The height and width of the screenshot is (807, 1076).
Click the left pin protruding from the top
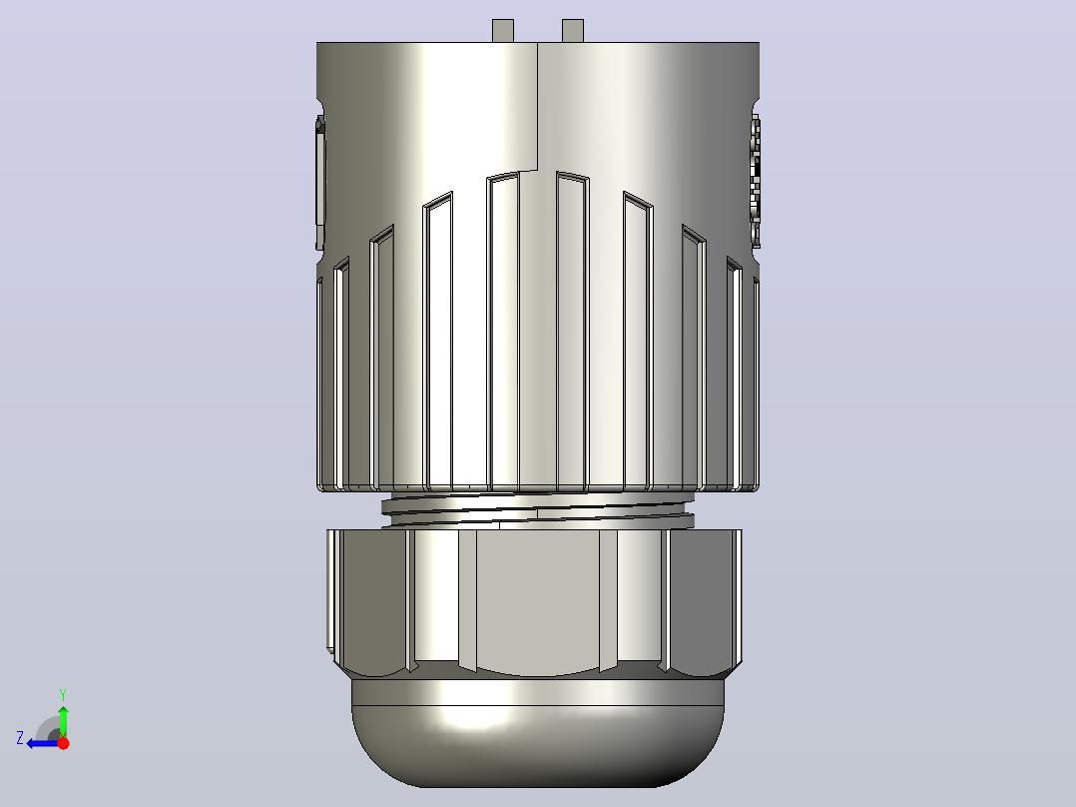[x=503, y=31]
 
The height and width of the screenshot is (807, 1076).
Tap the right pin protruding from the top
[x=572, y=31]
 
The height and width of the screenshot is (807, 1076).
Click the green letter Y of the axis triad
[x=63, y=694]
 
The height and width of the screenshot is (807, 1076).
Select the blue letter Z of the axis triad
[x=20, y=738]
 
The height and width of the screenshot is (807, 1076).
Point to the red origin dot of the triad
[x=63, y=743]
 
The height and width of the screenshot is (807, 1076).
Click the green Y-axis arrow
[x=63, y=721]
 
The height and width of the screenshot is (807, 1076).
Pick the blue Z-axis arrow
[x=43, y=743]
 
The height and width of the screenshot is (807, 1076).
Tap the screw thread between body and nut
[x=537, y=510]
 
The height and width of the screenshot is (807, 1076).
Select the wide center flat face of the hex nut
[x=537, y=601]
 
